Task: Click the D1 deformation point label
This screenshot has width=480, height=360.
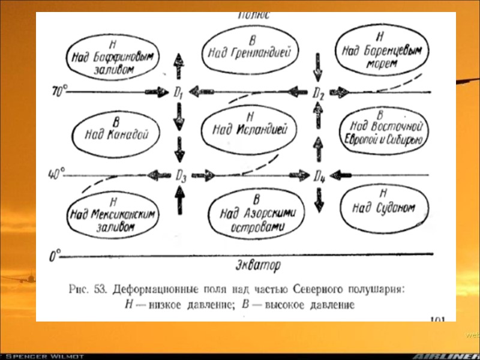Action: pos(178,93)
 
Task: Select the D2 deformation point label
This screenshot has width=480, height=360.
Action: pos(319,93)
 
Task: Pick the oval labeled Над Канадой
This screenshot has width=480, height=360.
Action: pos(110,131)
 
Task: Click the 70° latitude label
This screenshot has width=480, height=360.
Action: pos(59,92)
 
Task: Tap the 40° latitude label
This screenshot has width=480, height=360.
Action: pos(56,175)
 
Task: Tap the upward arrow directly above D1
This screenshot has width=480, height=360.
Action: pos(178,66)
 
